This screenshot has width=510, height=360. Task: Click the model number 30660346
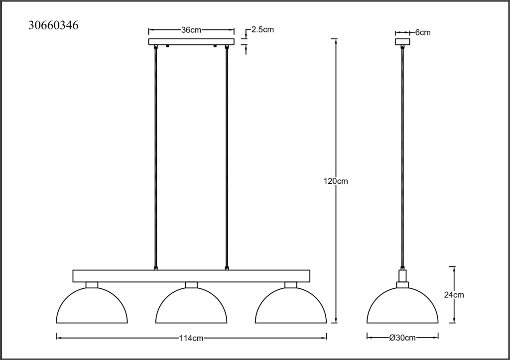(53, 25)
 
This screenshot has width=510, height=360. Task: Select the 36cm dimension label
(191, 30)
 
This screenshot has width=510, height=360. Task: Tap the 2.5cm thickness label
(263, 29)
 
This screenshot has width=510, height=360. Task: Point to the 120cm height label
(336, 181)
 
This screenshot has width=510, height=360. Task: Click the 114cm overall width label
(191, 338)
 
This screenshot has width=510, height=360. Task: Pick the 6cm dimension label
(423, 32)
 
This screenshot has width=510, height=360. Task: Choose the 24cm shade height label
(454, 295)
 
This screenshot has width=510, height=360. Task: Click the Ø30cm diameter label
(402, 338)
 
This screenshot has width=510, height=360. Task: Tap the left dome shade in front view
(92, 288)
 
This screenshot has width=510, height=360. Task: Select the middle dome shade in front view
(191, 288)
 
